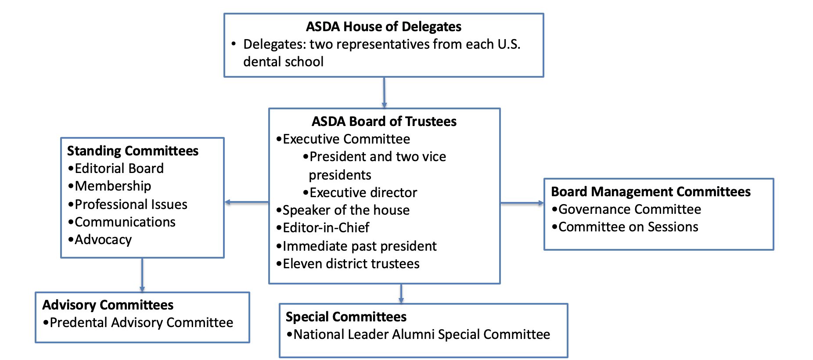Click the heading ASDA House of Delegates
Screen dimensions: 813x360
(383, 27)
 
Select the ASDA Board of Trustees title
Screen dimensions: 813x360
(384, 122)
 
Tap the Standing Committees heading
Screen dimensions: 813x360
(133, 151)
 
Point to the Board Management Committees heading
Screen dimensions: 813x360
(651, 192)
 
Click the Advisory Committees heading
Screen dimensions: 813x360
(108, 305)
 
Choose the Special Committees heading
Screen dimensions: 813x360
(346, 317)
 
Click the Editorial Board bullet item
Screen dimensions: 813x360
(119, 169)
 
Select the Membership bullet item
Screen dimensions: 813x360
(113, 186)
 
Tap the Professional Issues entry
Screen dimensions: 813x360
(131, 205)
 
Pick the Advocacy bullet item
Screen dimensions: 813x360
(103, 240)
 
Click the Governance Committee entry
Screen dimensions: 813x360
(630, 209)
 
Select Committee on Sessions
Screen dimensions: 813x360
(628, 227)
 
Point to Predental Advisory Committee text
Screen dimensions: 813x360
(141, 323)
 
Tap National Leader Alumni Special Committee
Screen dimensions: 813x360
(421, 335)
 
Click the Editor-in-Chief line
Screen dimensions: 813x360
(326, 228)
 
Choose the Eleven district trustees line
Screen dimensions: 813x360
(351, 264)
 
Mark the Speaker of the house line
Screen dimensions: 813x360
(346, 210)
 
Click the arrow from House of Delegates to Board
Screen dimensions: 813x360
(384, 93)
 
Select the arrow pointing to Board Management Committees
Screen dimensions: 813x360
(522, 203)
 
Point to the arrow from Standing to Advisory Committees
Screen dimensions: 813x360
(142, 275)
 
